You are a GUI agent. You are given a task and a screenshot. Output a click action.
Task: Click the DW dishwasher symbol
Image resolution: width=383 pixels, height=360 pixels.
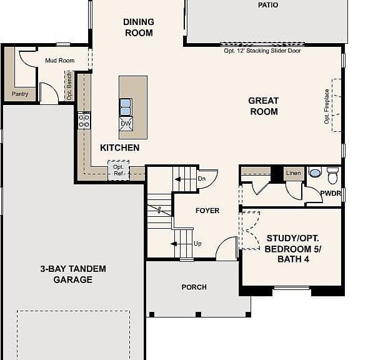pos(126,123)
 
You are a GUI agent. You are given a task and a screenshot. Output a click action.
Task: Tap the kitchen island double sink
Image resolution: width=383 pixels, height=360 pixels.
pos(126,107)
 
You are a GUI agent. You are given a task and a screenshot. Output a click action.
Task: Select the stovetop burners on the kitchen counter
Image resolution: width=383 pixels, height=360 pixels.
pos(84,121)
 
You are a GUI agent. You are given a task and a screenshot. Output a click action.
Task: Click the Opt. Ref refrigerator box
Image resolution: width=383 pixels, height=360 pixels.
pos(119,171)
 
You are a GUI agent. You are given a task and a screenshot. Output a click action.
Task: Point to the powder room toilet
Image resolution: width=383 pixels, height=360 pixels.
pos(332,176)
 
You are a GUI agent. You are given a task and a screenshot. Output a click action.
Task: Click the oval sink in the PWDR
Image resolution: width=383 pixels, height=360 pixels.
pos(315,172)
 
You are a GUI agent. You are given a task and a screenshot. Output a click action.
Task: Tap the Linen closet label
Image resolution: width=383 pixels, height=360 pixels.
pos(294,172)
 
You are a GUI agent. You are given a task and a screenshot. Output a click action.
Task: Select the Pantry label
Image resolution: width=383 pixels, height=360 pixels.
pos(20,94)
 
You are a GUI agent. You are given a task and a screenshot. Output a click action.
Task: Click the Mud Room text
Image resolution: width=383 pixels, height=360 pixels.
pos(60,61)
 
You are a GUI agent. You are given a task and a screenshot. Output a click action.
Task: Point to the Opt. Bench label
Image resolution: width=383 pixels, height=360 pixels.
pos(69,86)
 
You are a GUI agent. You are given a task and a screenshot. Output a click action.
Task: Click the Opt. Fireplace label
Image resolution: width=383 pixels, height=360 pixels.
pos(327,106)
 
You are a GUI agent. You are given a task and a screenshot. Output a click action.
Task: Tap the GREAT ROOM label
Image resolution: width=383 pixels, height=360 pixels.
pos(264,106)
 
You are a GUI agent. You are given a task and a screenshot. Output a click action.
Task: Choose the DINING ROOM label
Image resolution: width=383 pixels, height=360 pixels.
pos(139,27)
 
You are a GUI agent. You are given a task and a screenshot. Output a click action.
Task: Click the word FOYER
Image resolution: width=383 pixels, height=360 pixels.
pos(207,211)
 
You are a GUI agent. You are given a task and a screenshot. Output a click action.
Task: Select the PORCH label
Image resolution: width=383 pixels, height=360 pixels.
pos(194,287)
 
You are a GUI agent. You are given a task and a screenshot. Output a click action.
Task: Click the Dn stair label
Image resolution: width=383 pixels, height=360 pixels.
pos(202,179)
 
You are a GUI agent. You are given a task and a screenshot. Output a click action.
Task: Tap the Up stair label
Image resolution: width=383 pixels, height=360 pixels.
pos(197,244)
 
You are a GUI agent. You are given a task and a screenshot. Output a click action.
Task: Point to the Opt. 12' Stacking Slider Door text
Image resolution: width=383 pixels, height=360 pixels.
pos(262,51)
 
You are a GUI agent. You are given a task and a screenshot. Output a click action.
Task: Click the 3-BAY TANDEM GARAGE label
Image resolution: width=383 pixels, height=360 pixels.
pos(73,274)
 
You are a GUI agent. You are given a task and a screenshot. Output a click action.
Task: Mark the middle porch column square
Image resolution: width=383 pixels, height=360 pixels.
pos(198,314)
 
